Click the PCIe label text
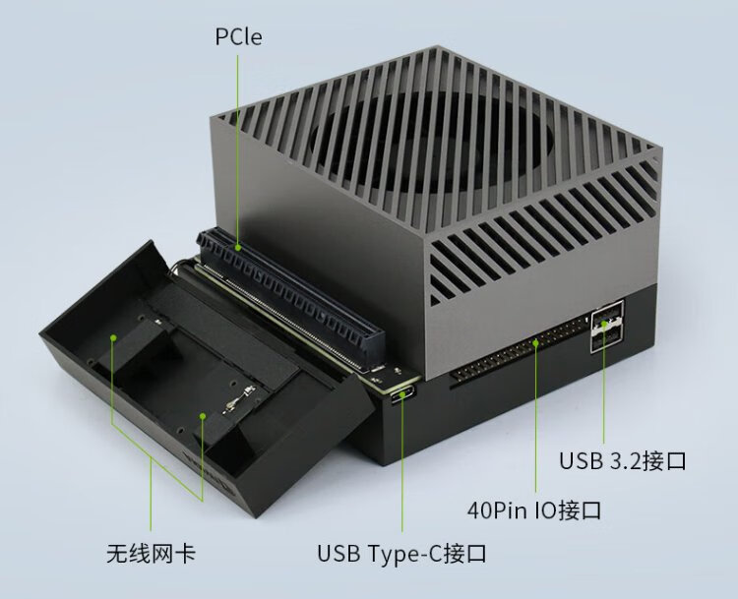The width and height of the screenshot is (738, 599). [x=238, y=36]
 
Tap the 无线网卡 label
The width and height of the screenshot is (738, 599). [x=151, y=553]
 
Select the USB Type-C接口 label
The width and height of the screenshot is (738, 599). [x=401, y=554]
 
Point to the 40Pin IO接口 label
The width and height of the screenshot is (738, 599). [x=534, y=510]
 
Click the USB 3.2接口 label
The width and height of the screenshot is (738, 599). [x=623, y=461]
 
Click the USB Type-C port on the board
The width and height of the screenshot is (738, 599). [x=402, y=393]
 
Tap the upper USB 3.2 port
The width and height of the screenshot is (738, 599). [x=607, y=315]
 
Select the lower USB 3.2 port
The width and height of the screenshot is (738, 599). [x=607, y=339]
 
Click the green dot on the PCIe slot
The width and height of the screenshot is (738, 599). [x=238, y=247]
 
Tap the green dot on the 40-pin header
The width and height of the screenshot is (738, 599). [x=535, y=342]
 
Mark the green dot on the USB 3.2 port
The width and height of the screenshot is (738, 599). [x=603, y=324]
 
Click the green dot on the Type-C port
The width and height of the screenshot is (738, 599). [x=402, y=394]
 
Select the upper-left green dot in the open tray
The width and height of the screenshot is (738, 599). [x=113, y=337]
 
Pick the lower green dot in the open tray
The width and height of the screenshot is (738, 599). [x=203, y=416]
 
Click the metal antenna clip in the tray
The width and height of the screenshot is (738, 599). [x=239, y=399]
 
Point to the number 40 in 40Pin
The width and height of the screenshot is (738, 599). [x=480, y=510]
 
